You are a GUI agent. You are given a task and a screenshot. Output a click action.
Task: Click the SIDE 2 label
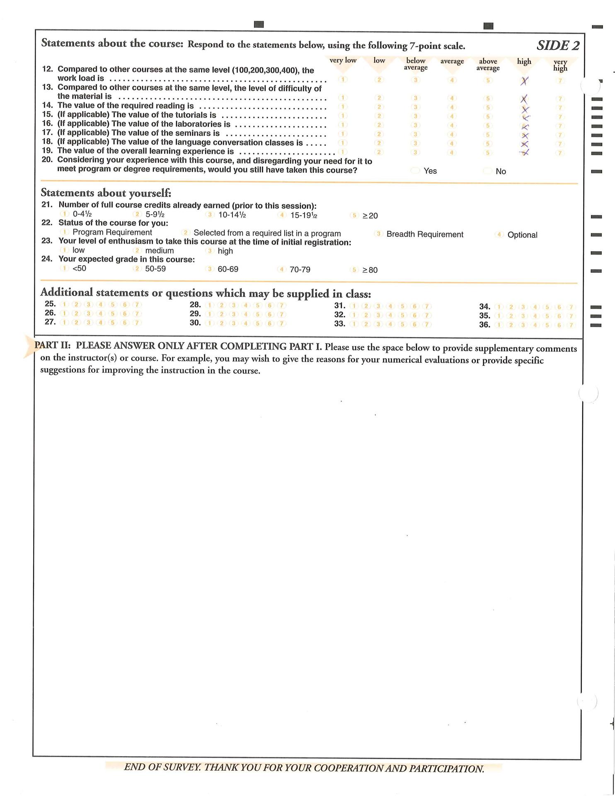pos(558,45)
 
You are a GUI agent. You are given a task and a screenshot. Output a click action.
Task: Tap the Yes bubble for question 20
pos(415,170)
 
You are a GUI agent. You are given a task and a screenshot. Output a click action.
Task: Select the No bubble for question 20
pos(488,171)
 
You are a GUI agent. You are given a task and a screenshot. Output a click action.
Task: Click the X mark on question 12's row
pos(524,81)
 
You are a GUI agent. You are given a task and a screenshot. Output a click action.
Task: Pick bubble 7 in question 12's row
pos(560,81)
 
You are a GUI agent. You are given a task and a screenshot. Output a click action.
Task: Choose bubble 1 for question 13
pos(343,98)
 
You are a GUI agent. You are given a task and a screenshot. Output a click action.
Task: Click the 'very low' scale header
pos(343,60)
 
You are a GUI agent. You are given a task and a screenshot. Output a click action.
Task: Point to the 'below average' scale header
pos(416,64)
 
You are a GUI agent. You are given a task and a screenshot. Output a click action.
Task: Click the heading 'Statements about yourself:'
pos(106,193)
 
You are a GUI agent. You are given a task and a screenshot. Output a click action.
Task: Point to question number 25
pos(50,303)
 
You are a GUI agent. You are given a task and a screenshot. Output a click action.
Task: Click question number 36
pos(484,325)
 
